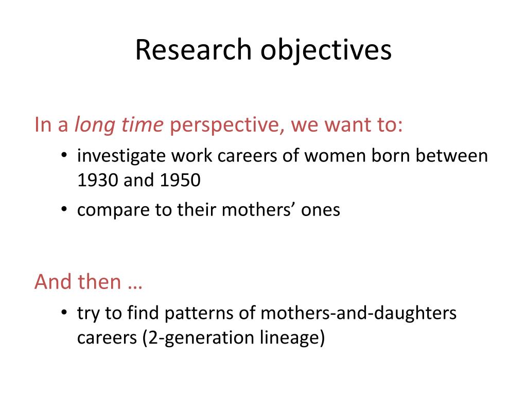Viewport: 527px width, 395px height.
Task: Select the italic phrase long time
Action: pos(119,125)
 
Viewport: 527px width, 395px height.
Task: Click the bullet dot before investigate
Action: pos(64,157)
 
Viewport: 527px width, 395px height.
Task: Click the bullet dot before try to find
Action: pos(64,314)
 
